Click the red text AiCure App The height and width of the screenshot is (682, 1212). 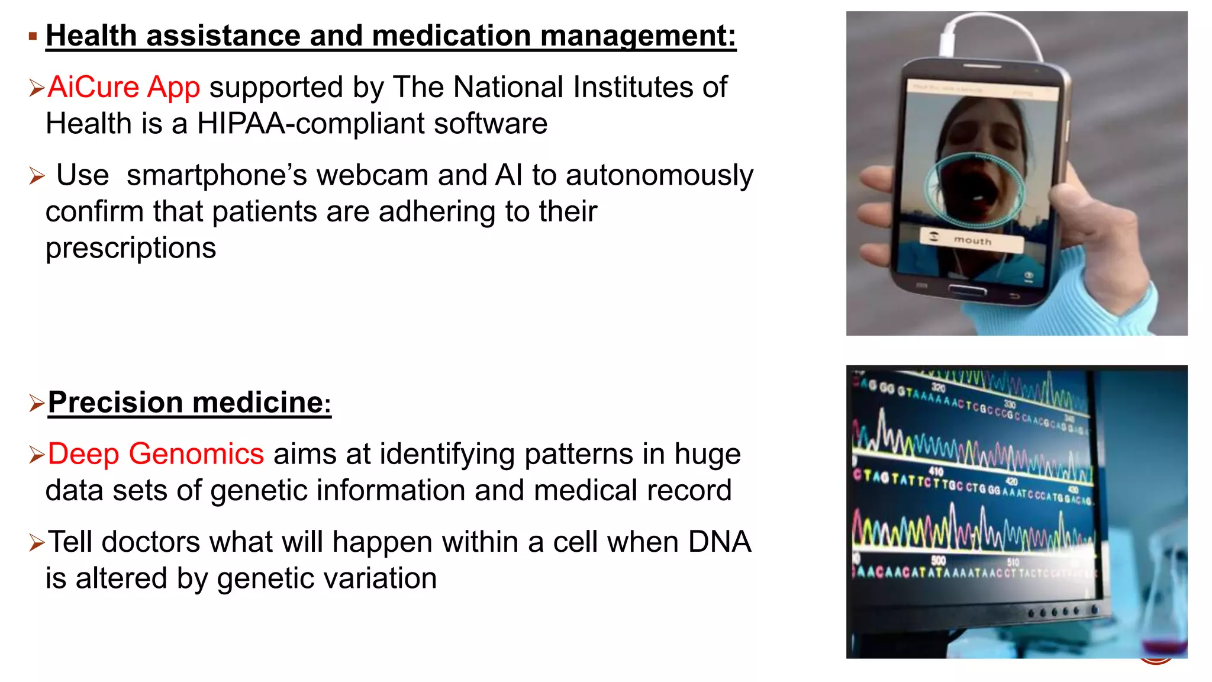click(x=124, y=87)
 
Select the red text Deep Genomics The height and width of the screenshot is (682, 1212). click(x=155, y=454)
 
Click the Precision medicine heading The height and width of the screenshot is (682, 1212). click(x=189, y=403)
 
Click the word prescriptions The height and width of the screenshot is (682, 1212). click(x=131, y=248)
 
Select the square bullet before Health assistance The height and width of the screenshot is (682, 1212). click(x=33, y=37)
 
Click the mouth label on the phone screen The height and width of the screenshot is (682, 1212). click(x=972, y=241)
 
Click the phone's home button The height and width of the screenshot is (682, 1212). click(x=967, y=290)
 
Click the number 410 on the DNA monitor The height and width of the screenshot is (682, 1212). click(x=936, y=471)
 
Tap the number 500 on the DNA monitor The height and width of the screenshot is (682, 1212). click(x=939, y=560)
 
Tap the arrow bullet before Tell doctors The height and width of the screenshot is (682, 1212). click(x=36, y=542)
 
